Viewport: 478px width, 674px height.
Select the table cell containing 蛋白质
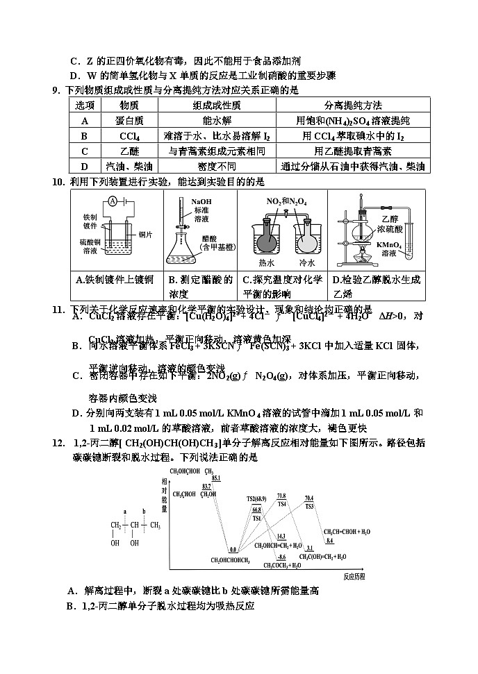[x=129, y=120]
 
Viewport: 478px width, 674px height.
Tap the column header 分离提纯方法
[x=353, y=105]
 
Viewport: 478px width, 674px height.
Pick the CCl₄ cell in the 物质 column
[x=129, y=135]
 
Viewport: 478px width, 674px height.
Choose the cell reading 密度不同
[x=217, y=167]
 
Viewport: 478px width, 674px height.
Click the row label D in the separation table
[x=85, y=167]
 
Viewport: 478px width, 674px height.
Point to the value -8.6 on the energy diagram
[x=281, y=557]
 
